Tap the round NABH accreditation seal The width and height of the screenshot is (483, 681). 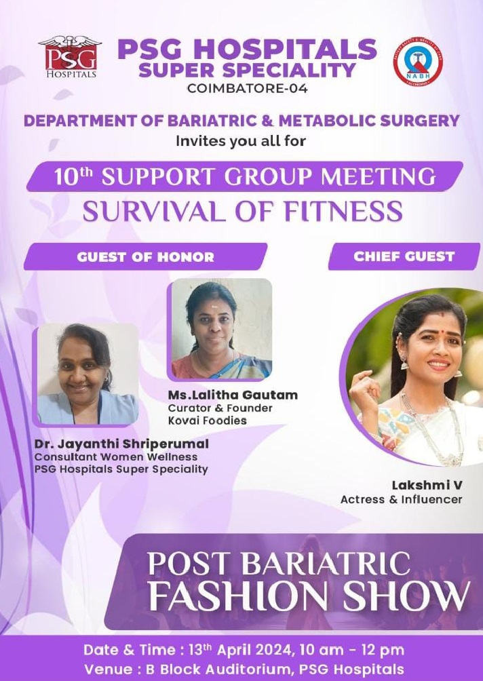pyautogui.click(x=418, y=61)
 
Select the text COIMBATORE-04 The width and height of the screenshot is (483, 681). pyautogui.click(x=247, y=88)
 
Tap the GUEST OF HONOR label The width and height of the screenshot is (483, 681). pyautogui.click(x=145, y=256)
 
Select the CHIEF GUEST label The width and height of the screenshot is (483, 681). pyautogui.click(x=404, y=256)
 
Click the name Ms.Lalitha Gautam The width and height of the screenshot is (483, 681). pyautogui.click(x=233, y=395)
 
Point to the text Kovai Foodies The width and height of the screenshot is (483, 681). pyautogui.click(x=207, y=421)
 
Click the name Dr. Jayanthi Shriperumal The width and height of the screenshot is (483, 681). pyautogui.click(x=121, y=444)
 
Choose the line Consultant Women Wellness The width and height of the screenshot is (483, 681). pyautogui.click(x=115, y=457)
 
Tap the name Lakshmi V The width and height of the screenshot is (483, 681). pyautogui.click(x=427, y=485)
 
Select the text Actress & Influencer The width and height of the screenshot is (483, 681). pyautogui.click(x=401, y=499)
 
